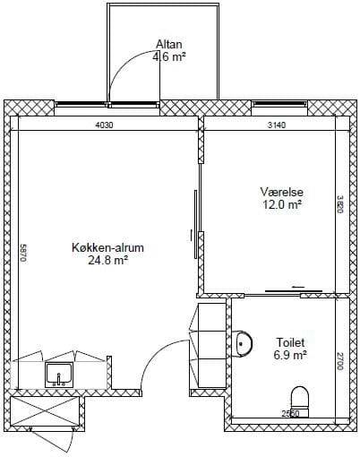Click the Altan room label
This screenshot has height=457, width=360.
click(169, 44)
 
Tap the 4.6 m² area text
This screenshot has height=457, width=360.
click(169, 56)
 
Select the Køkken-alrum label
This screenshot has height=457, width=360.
click(107, 247)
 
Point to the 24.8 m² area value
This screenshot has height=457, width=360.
click(107, 260)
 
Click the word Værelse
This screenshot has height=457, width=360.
click(282, 192)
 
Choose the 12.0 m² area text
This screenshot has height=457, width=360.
click(282, 204)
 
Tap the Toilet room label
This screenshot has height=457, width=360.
click(290, 342)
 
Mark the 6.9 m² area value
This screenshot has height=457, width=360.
click(290, 355)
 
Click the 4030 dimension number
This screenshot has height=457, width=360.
click(104, 125)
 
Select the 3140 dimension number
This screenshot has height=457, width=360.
click(277, 125)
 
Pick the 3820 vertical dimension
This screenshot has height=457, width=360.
click(340, 204)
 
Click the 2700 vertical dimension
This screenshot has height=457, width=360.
click(340, 361)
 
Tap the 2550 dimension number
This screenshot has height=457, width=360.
click(290, 413)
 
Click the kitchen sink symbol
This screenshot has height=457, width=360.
click(59, 375)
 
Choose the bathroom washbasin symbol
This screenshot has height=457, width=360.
click(244, 343)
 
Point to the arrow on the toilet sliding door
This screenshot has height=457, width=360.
click(298, 287)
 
